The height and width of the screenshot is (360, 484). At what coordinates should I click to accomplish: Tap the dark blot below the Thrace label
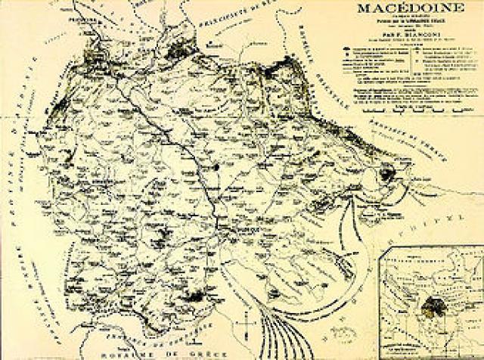[x=386, y=175]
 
